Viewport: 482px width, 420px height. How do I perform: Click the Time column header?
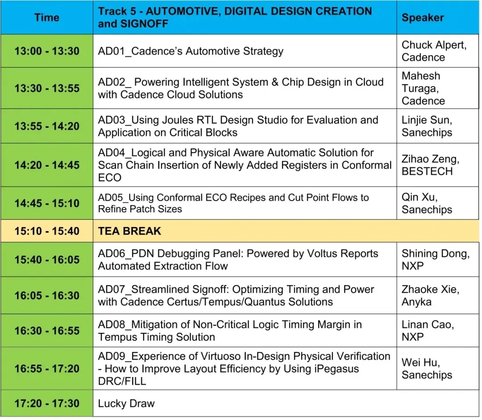47,17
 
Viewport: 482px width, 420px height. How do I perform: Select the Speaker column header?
423,17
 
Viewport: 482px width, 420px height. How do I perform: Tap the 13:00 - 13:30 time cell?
47,51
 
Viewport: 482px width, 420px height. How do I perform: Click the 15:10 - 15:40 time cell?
47,231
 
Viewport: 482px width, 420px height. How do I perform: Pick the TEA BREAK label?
129,231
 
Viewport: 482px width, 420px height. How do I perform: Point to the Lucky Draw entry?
126,403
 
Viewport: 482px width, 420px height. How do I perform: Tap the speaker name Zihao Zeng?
430,159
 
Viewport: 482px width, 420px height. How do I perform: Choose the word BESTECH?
427,172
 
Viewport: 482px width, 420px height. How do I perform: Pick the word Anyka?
416,302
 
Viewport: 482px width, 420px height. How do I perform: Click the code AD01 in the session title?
111,51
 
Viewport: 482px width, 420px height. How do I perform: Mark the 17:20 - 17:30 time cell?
47,403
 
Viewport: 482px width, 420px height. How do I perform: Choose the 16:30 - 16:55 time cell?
47,331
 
